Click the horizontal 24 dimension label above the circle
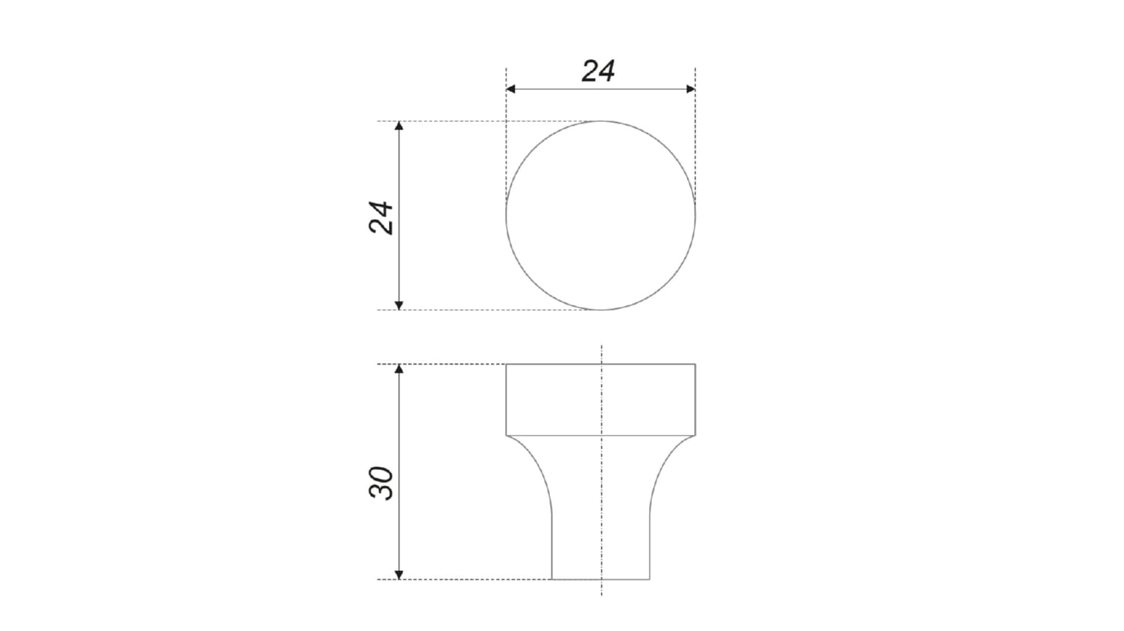click(598, 71)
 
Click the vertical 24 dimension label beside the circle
click(381, 218)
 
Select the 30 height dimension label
click(381, 483)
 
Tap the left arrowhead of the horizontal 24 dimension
click(511, 89)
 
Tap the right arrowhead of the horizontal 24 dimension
click(690, 89)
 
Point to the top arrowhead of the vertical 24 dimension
click(399, 126)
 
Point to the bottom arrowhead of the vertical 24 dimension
click(399, 305)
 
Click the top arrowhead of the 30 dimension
click(399, 369)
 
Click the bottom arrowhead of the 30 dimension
click(399, 575)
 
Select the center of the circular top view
click(601, 216)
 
